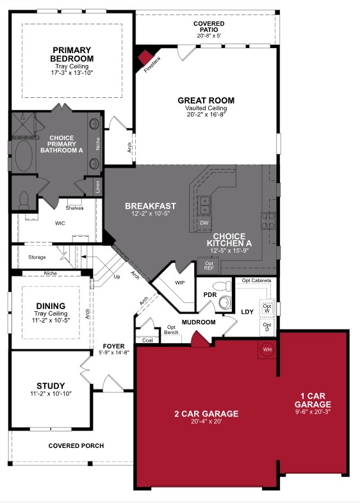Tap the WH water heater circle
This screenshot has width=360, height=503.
[x=266, y=349]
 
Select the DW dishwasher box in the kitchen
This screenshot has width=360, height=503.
[x=204, y=223]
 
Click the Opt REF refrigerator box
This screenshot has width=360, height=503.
[x=209, y=265]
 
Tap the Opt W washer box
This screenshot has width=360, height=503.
[x=267, y=307]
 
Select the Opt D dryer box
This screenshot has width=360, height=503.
[x=267, y=328]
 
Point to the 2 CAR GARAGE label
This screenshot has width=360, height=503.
[x=206, y=414]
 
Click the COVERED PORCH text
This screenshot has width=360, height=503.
[x=76, y=446]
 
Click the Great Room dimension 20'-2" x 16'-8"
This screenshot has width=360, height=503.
[x=206, y=116]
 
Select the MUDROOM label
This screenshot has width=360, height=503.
[x=198, y=322]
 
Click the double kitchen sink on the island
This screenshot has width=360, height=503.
[x=205, y=205]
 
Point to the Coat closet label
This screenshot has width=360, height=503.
[x=147, y=340]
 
